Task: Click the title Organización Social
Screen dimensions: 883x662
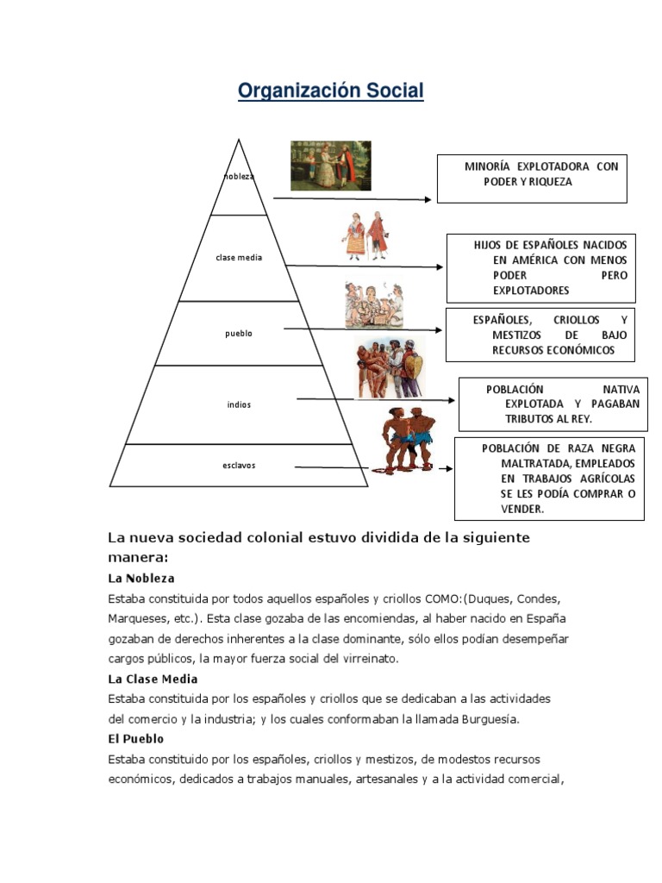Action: tap(331, 91)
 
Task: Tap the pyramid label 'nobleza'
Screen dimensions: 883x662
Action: tap(239, 177)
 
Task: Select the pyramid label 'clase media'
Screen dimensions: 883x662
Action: tap(239, 258)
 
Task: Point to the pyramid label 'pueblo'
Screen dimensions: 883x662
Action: tap(239, 334)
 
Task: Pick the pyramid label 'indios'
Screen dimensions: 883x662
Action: tap(239, 404)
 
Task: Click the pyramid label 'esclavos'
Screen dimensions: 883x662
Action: tap(239, 466)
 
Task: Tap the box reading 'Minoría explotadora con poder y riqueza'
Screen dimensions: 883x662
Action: tap(531, 178)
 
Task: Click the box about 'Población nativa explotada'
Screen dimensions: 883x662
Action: tap(553, 404)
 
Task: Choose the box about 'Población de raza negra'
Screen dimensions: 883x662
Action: tap(549, 479)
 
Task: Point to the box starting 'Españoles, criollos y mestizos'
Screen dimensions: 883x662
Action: tap(540, 335)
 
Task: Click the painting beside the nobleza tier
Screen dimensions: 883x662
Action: tap(330, 166)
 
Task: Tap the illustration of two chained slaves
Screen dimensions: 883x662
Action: tap(405, 441)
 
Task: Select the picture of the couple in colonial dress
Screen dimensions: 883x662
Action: tap(365, 236)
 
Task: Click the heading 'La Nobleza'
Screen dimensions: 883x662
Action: tap(141, 578)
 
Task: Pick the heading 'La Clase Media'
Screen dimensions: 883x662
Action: tap(153, 679)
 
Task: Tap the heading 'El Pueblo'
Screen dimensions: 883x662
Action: tap(135, 739)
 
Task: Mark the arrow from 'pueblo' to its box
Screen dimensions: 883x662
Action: tap(362, 330)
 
